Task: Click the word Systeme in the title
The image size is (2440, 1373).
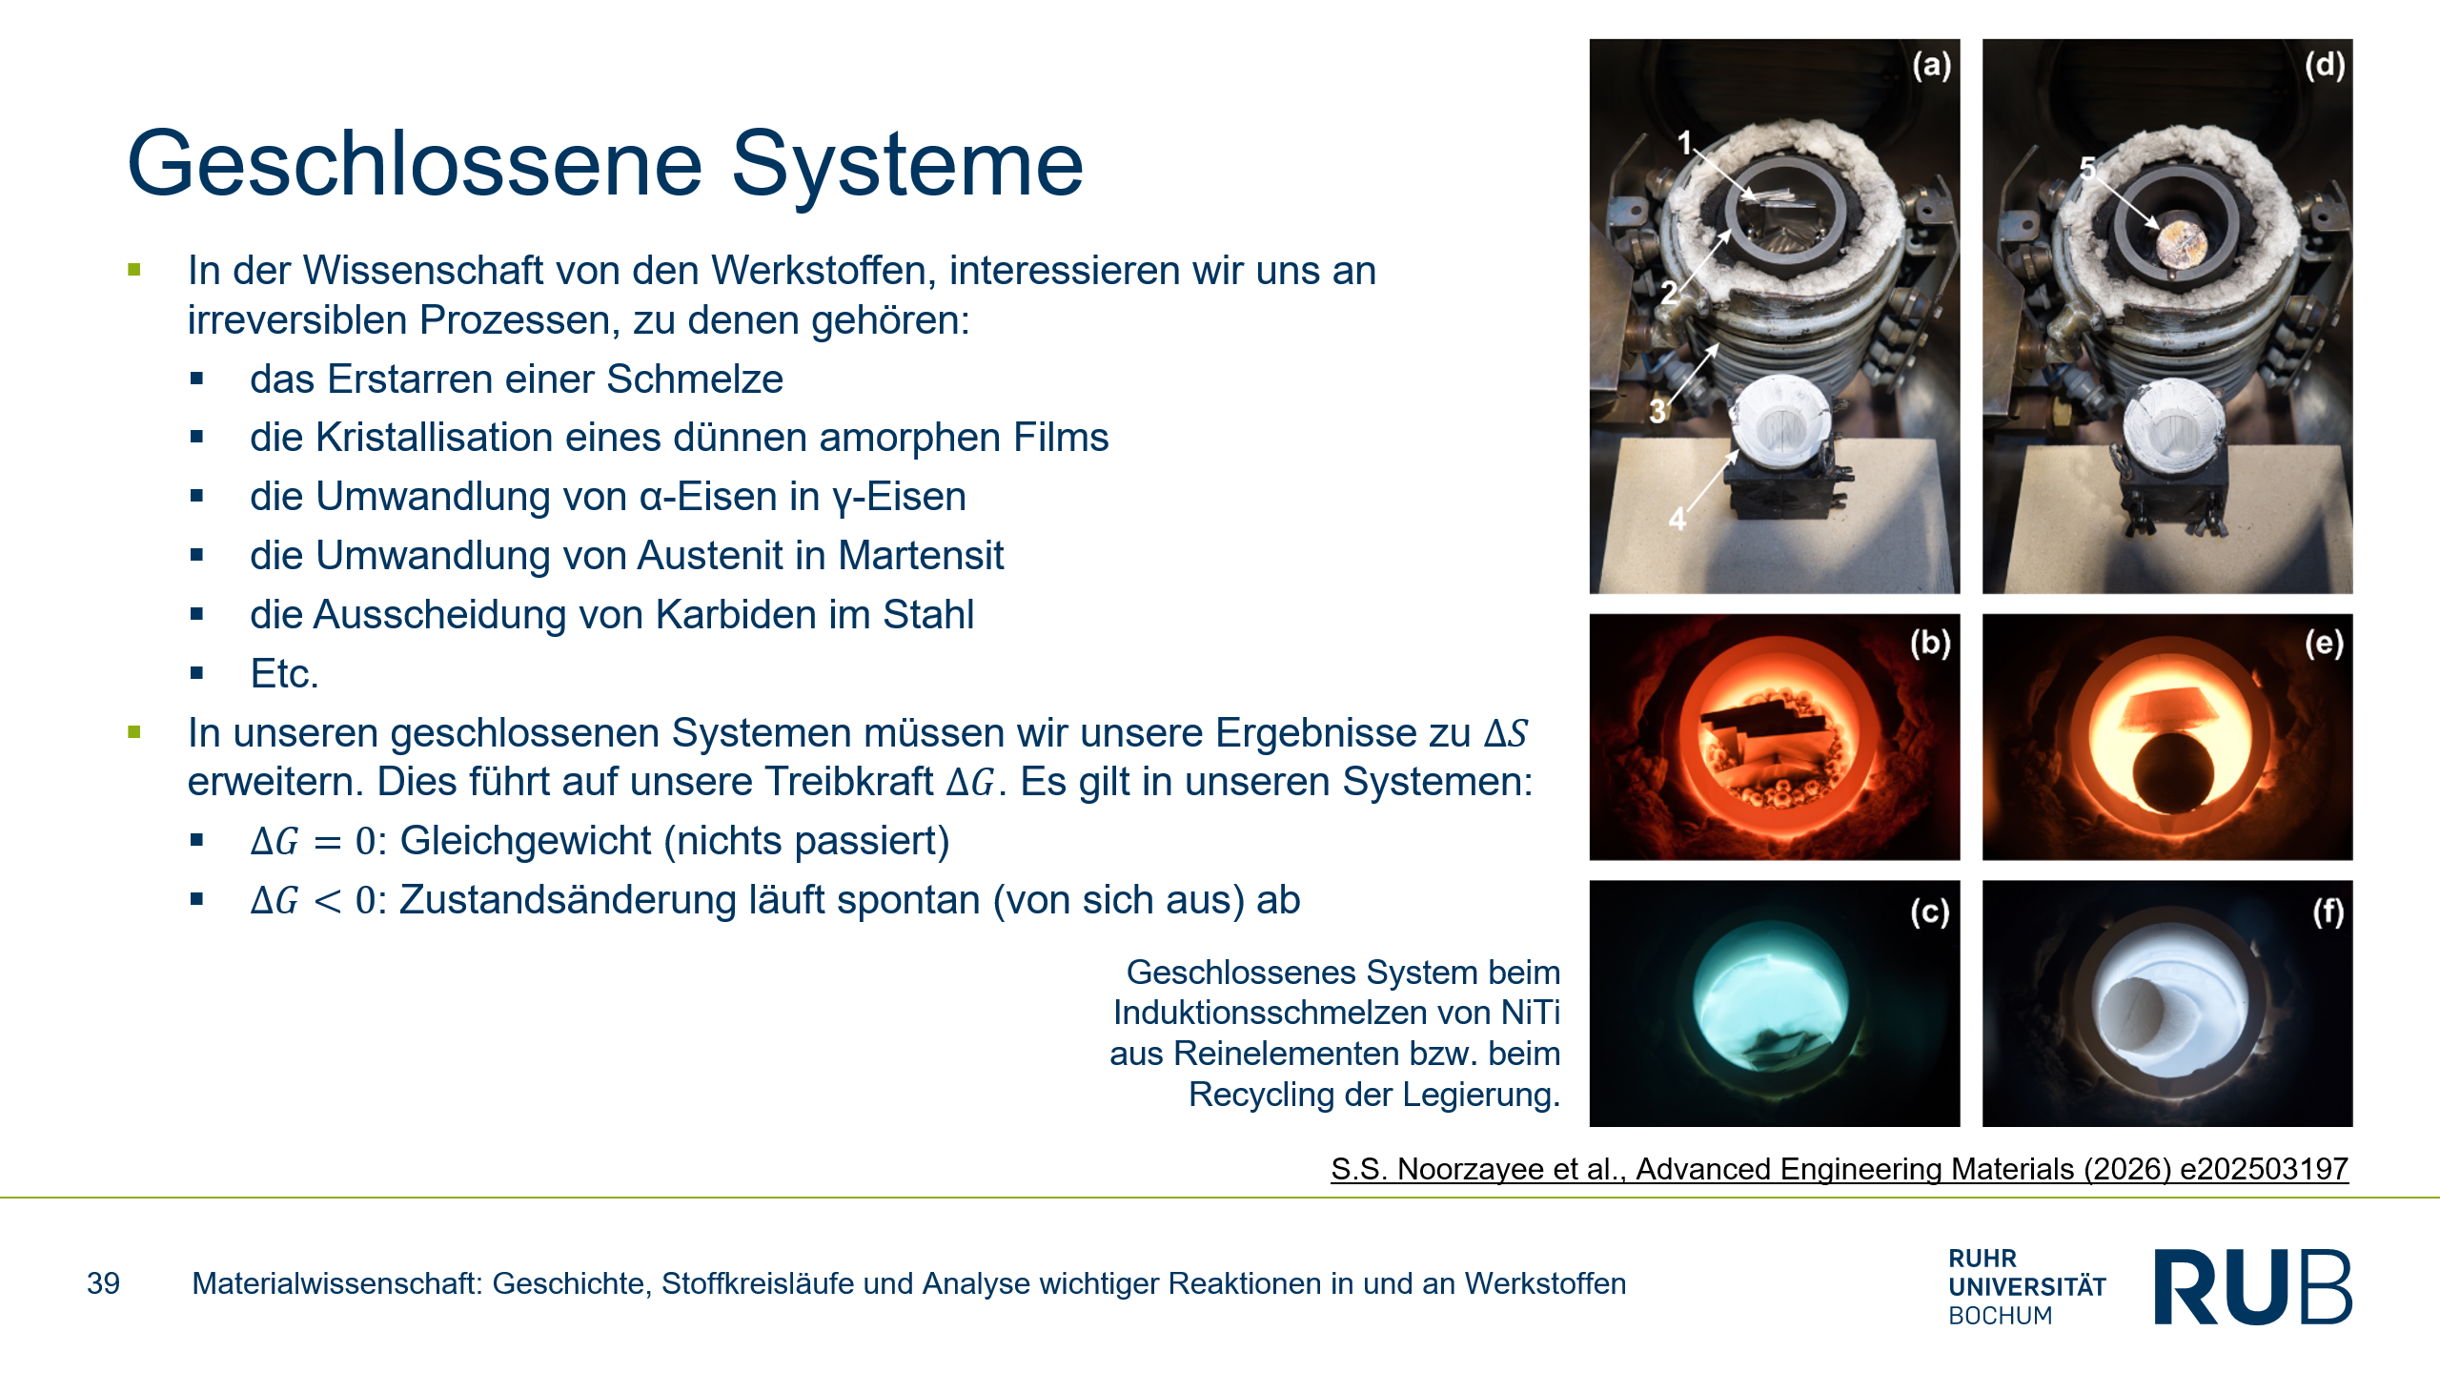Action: click(x=906, y=164)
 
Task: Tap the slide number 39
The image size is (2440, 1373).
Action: click(x=103, y=1283)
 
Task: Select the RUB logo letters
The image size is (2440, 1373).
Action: click(x=2253, y=1286)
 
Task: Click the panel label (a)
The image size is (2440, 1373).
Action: click(x=1931, y=65)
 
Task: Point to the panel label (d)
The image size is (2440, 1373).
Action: click(x=2325, y=65)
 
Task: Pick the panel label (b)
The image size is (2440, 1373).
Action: click(x=1931, y=644)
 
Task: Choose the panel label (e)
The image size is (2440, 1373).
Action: click(x=2325, y=644)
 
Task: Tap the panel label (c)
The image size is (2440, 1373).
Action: click(x=1930, y=912)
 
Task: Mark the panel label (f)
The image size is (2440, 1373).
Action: click(x=2328, y=912)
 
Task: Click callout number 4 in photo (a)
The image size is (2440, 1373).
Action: click(x=1677, y=520)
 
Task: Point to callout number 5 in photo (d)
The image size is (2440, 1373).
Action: click(x=2088, y=169)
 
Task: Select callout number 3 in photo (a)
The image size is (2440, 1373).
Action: click(x=1658, y=412)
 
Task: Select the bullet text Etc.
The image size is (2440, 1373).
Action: click(x=284, y=674)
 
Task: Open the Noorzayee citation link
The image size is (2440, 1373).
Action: click(x=1840, y=1169)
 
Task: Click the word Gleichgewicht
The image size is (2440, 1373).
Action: click(x=526, y=842)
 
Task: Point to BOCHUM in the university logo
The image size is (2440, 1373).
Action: click(x=2001, y=1316)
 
